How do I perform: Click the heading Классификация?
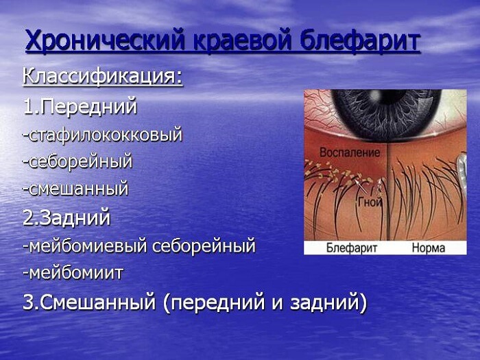pyautogui.click(x=103, y=76)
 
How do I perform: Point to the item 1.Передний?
pyautogui.click(x=80, y=106)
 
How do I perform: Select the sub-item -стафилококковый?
pyautogui.click(x=102, y=134)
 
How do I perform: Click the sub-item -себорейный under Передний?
pyautogui.click(x=77, y=162)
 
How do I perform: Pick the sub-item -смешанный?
pyautogui.click(x=75, y=189)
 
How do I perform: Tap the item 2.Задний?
pyautogui.click(x=66, y=218)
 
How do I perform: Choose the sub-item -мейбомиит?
pyautogui.click(x=73, y=273)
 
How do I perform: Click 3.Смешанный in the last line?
pyautogui.click(x=89, y=302)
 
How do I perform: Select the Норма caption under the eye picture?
pyautogui.click(x=429, y=248)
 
